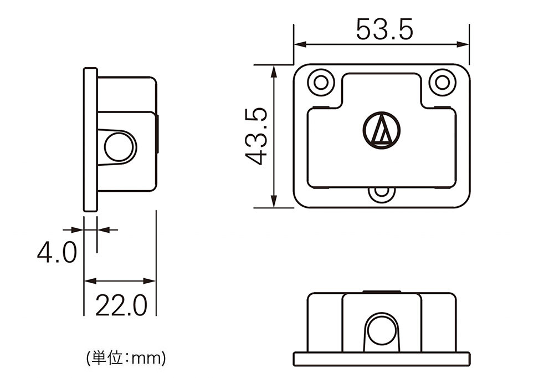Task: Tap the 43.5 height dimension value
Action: tap(257, 136)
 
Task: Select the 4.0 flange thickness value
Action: tap(57, 252)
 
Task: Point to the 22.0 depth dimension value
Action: tap(121, 305)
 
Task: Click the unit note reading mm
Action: tap(125, 359)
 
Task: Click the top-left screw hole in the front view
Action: tap(321, 82)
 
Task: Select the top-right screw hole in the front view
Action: tap(442, 82)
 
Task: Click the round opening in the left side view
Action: tap(120, 147)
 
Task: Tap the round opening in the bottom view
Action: tap(381, 330)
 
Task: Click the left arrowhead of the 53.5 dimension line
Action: tap(300, 44)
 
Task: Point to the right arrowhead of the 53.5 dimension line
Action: tap(463, 44)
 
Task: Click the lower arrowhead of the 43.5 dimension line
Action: tap(274, 201)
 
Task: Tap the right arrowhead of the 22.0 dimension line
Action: tap(150, 282)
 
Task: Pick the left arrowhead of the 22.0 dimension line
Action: tap(90, 282)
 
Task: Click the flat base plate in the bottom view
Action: tap(382, 359)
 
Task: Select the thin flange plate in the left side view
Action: tap(90, 139)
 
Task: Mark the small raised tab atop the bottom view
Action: tap(382, 292)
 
